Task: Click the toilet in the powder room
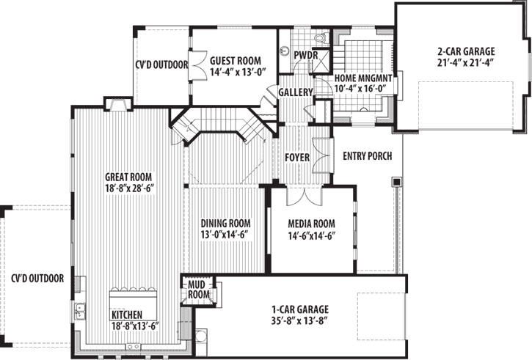(x=319, y=37)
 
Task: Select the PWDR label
(x=305, y=55)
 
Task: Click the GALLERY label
(x=296, y=92)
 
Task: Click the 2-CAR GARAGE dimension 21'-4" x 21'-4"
(x=466, y=62)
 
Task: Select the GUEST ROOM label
(x=236, y=62)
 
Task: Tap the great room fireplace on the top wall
(x=116, y=104)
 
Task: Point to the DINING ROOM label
(x=226, y=224)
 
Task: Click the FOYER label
(x=297, y=158)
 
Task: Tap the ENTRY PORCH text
(x=367, y=156)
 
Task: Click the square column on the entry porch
(x=396, y=180)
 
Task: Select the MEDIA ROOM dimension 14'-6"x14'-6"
(x=312, y=235)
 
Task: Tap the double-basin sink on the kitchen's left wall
(x=79, y=312)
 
